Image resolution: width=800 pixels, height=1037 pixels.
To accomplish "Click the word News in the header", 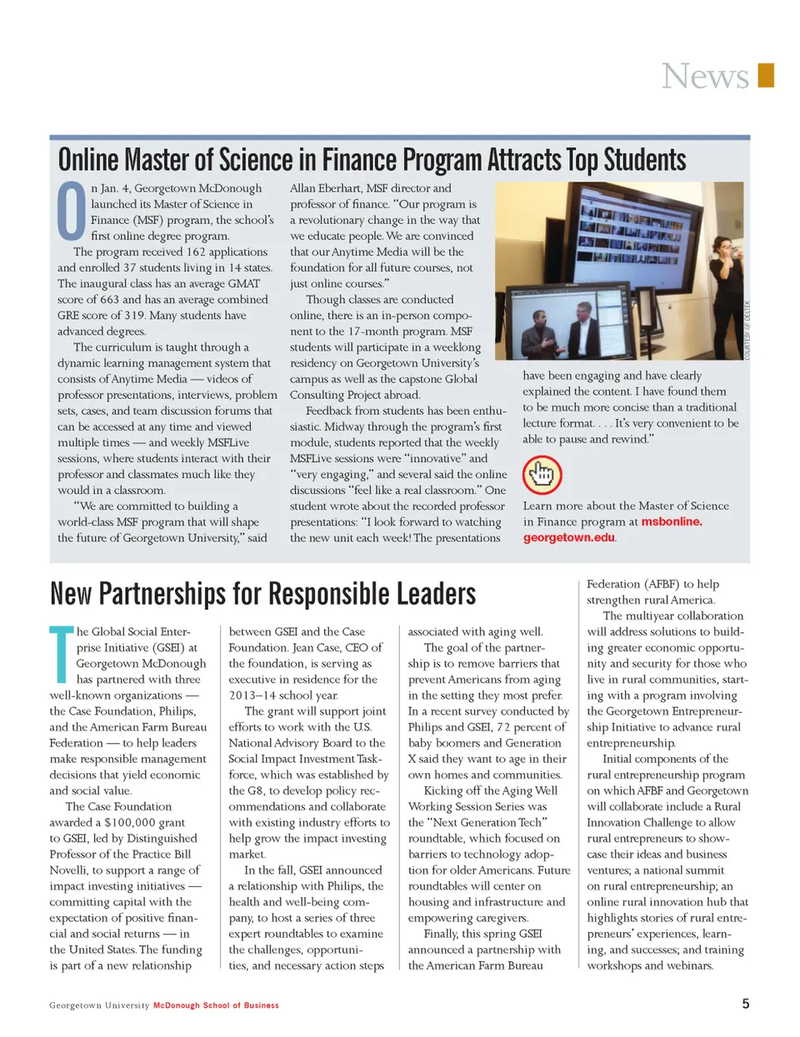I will click(705, 77).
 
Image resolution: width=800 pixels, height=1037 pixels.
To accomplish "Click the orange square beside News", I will click(766, 75).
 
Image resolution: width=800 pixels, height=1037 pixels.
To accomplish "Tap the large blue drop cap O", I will click(72, 210).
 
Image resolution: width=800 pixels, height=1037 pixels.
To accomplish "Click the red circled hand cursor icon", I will click(542, 475).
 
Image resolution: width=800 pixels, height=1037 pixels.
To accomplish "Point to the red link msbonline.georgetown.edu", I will click(612, 530).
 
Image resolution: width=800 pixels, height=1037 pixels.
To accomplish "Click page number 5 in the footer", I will click(746, 1004).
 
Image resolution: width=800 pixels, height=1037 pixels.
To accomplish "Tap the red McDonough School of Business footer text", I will click(216, 1005).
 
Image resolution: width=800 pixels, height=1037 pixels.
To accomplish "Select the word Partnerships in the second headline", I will click(162, 594).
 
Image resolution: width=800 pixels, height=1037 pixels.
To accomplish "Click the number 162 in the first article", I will click(196, 252).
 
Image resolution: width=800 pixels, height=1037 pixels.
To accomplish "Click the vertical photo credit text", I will click(747, 330).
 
